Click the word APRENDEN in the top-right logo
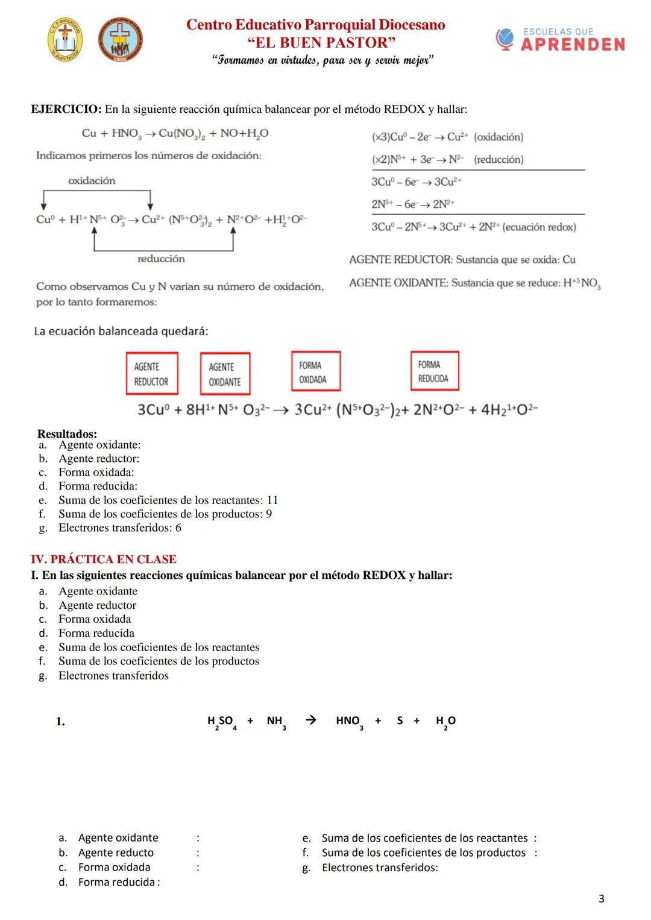573,45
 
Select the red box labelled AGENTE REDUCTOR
152,374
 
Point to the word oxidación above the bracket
92,180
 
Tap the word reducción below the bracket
161,259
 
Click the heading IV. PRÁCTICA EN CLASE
104,559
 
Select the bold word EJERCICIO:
66,109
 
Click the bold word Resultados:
67,433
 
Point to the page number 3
601,899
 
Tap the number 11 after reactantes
272,500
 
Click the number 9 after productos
269,514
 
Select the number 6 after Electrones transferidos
178,528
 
